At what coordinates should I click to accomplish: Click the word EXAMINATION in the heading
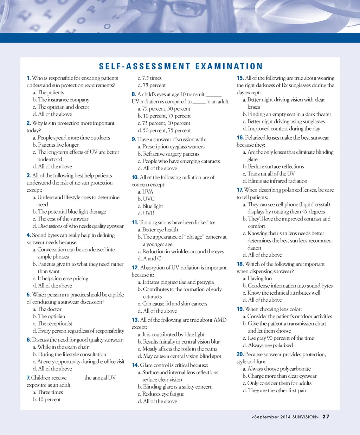229,66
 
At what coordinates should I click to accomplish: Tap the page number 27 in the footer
326,417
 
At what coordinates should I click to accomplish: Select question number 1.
28,78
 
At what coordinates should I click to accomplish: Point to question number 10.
135,177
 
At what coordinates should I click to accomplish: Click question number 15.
240,78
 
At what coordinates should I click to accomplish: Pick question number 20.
240,354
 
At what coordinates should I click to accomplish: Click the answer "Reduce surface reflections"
276,166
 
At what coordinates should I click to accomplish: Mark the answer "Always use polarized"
270,345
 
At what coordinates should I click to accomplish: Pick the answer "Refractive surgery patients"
171,154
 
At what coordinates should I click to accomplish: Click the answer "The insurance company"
63,100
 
